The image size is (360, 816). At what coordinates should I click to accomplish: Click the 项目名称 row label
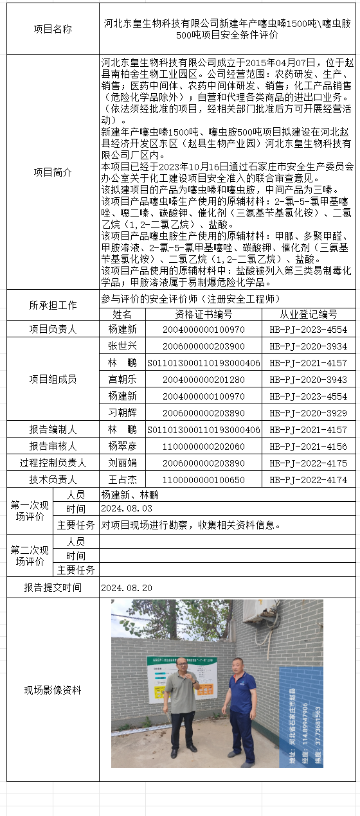[x=53, y=29]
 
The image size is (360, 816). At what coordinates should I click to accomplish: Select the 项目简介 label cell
[x=53, y=172]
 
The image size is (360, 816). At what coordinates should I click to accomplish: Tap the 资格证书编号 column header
[x=204, y=314]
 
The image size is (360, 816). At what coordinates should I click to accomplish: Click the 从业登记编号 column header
[x=308, y=314]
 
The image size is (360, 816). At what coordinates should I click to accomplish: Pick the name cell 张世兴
[x=122, y=346]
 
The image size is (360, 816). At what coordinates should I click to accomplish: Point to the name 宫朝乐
[x=122, y=379]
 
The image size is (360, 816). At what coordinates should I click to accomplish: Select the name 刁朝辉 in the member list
[x=122, y=412]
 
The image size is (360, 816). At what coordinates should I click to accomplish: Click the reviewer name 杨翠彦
[x=122, y=446]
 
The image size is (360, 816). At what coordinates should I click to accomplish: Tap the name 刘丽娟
[x=122, y=463]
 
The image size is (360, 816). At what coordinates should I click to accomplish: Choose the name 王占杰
[x=122, y=479]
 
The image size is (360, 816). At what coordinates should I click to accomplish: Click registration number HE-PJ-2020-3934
[x=308, y=346]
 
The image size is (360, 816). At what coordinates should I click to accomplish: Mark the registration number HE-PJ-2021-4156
[x=308, y=446]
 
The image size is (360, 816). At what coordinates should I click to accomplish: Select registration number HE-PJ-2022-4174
[x=308, y=479]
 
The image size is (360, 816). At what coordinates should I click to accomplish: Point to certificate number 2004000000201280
[x=204, y=379]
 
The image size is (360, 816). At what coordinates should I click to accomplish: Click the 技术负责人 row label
[x=53, y=479]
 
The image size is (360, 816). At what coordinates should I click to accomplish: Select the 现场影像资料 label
[x=53, y=690]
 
